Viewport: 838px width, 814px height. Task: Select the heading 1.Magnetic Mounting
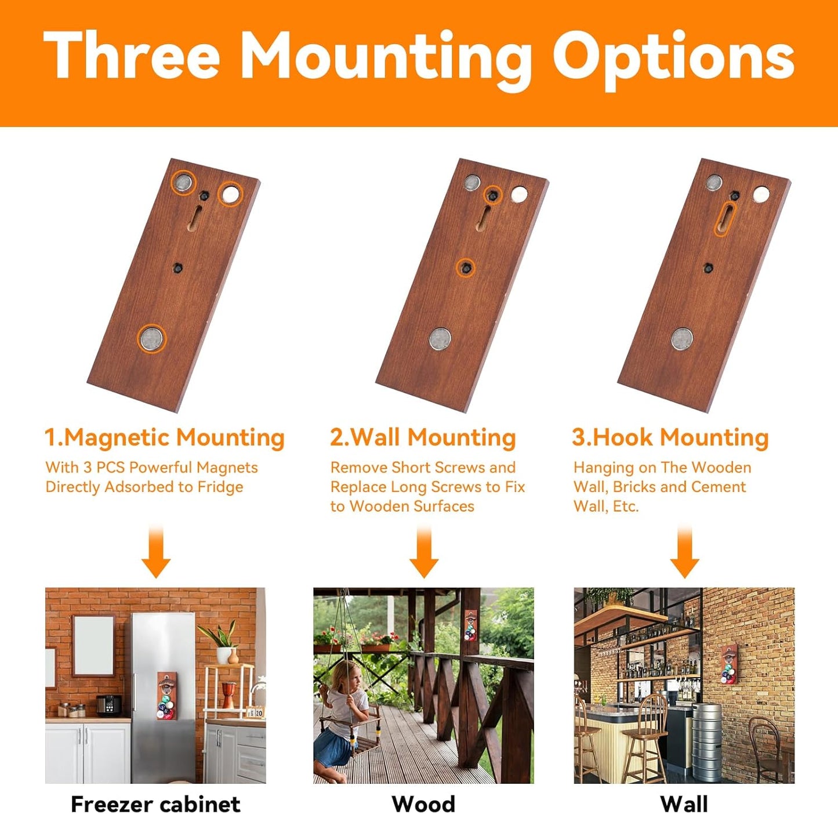165,437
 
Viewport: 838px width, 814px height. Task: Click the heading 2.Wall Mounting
423,437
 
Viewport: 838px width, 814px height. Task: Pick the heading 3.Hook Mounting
670,437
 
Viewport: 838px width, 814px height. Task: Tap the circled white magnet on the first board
231,194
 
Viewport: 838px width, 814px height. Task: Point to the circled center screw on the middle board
466,268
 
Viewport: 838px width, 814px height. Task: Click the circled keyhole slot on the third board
725,219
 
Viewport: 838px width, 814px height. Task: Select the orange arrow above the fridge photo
156,552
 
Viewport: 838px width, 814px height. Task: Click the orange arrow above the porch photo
424,552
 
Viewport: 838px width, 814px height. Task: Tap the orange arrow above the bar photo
684,552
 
